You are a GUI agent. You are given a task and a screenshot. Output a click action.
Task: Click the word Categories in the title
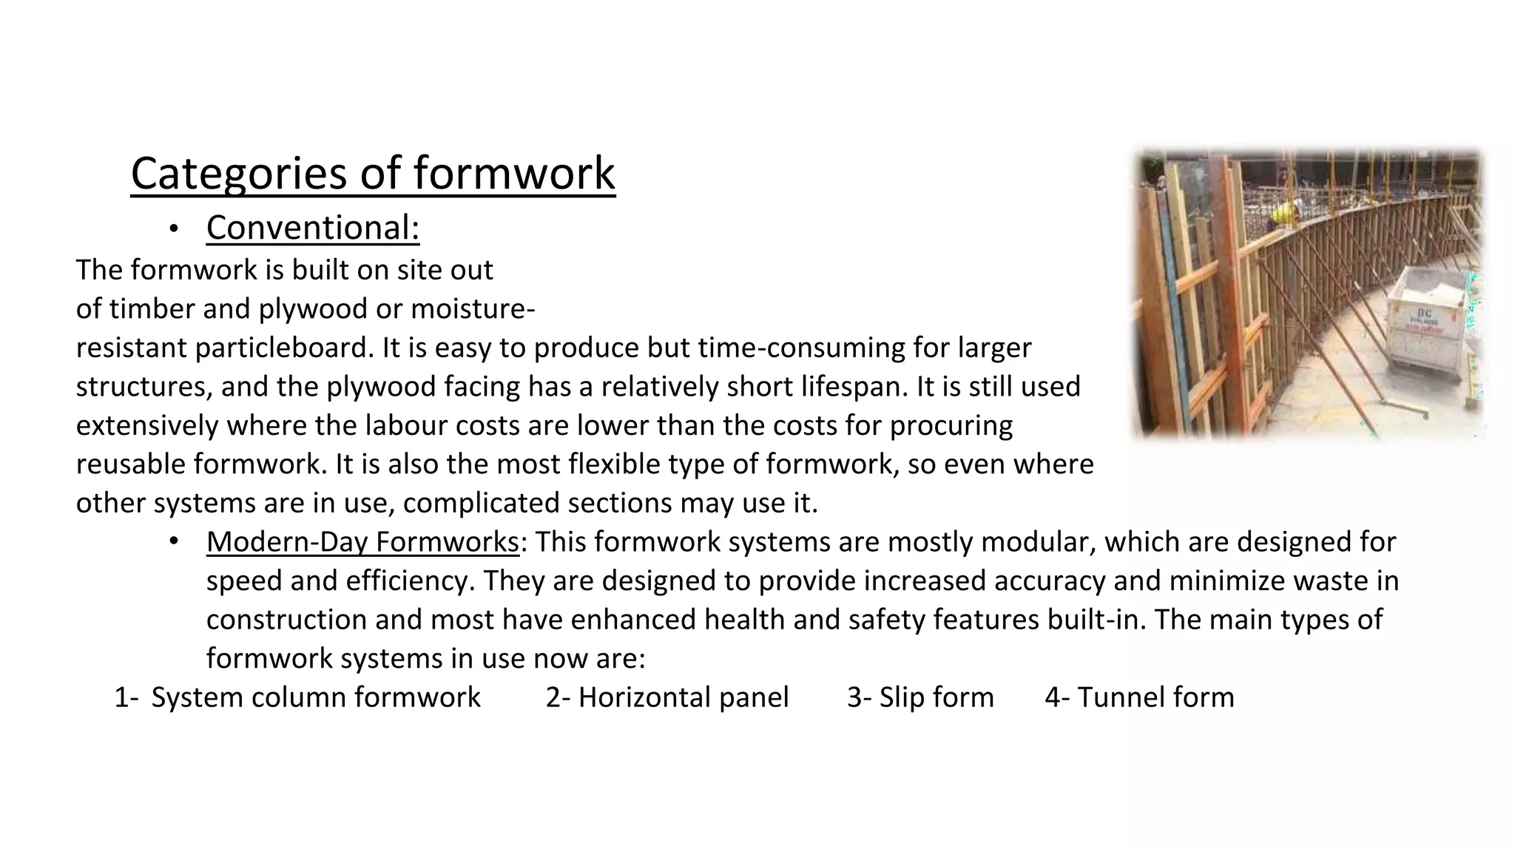239,175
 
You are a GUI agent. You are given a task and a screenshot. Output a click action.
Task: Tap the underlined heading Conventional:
313,228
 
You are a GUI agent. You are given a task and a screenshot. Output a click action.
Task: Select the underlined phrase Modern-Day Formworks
362,542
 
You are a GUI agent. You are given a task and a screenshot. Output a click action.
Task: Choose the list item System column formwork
315,697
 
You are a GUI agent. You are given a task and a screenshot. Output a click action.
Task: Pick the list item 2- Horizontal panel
667,697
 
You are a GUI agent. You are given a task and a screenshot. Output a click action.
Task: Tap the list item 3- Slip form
920,697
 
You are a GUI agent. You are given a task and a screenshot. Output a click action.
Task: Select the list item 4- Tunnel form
1139,697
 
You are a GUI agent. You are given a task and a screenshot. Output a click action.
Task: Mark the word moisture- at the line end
473,309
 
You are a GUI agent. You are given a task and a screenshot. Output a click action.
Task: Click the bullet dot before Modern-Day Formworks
172,542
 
